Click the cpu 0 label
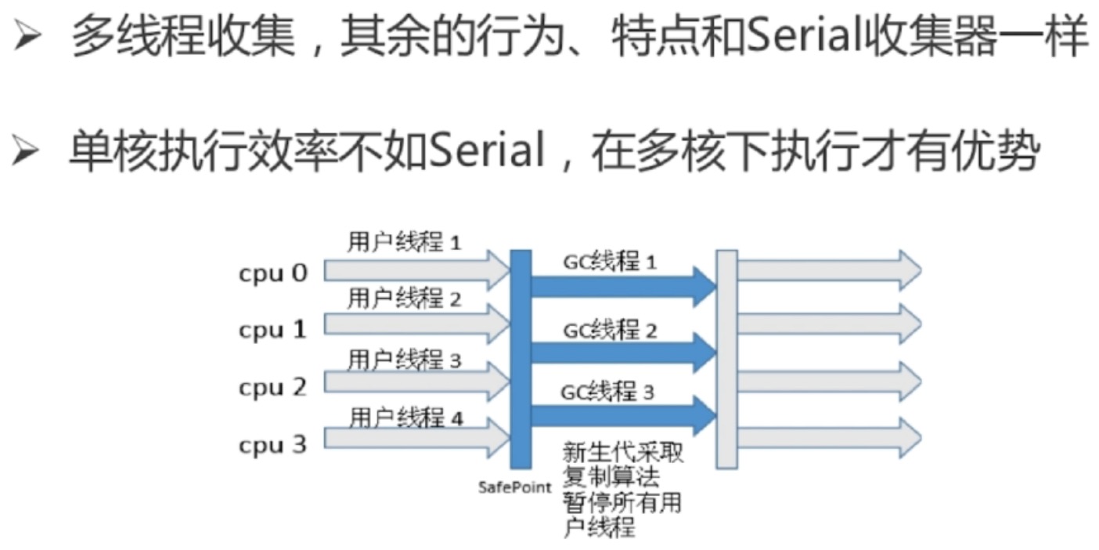[273, 273]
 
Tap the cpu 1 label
[272, 330]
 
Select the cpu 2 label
[272, 387]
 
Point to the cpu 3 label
[272, 445]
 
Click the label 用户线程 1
[404, 243]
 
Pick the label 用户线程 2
[404, 299]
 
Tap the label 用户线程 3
[404, 360]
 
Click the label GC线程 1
[610, 262]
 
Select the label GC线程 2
[610, 330]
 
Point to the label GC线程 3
[607, 390]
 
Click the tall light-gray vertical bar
[726, 359]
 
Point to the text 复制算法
[611, 476]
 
